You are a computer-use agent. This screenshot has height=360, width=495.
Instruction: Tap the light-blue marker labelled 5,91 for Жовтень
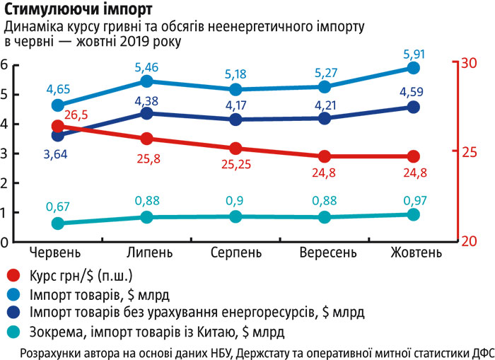tap(414, 68)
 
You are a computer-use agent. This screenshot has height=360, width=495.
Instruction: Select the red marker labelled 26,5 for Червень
tap(59, 126)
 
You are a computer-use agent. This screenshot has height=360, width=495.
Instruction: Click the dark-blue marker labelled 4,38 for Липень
tap(146, 113)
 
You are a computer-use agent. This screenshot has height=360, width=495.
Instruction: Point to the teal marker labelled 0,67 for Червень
tap(59, 223)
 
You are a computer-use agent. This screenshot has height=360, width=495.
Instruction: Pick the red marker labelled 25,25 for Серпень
tap(235, 149)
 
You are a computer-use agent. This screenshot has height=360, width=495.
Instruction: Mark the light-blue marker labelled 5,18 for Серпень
tap(235, 90)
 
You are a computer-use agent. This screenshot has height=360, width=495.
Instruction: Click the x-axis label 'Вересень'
tap(325, 252)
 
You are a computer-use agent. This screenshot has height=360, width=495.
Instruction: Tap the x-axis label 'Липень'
tap(147, 252)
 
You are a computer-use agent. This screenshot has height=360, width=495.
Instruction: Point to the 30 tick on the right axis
tap(469, 63)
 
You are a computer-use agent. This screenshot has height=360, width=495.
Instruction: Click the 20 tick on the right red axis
tap(469, 241)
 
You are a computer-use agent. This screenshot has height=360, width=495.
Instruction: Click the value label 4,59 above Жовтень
tap(413, 91)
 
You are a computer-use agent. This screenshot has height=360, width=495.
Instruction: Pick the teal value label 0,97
tap(413, 200)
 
